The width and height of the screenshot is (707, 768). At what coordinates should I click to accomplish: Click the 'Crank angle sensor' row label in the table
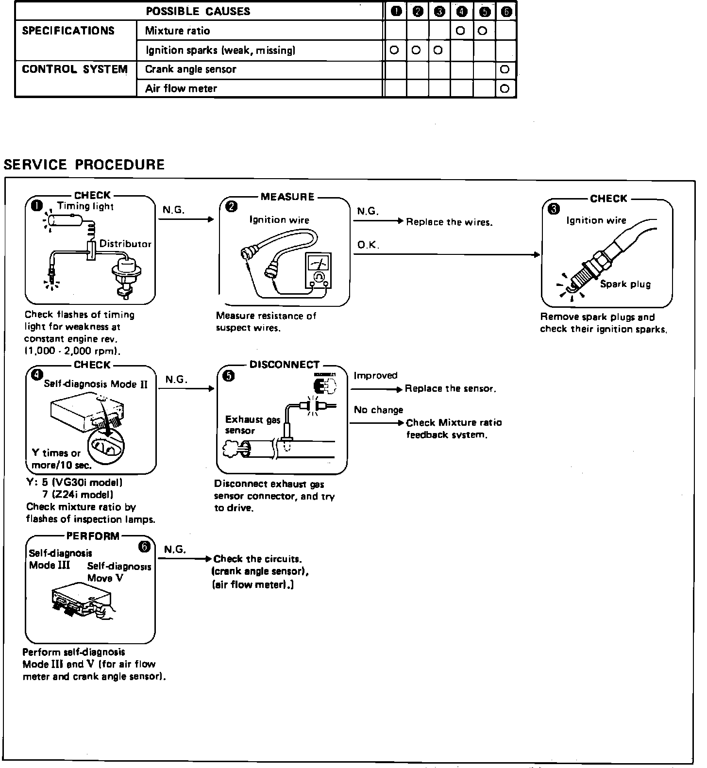(190, 69)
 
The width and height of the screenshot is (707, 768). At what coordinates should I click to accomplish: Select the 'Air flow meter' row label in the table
(181, 88)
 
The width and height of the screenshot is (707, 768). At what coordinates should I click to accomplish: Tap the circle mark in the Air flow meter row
(505, 88)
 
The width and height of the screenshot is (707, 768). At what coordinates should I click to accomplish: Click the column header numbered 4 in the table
(462, 12)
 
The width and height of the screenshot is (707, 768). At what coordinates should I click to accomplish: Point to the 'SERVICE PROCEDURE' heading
(84, 165)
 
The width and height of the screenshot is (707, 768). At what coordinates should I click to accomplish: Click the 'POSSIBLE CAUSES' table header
(198, 11)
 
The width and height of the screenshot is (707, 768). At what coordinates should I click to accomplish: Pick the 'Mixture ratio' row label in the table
(178, 31)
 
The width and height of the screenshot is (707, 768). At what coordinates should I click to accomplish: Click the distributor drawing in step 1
(121, 276)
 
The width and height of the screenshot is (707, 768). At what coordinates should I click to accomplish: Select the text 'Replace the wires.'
(449, 222)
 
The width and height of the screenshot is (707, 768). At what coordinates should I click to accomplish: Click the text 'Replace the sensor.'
(451, 389)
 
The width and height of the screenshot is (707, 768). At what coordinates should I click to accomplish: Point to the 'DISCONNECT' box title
(285, 365)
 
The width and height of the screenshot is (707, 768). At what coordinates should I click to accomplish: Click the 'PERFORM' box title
(93, 536)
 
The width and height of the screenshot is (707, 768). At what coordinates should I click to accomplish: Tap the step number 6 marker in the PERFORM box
(145, 547)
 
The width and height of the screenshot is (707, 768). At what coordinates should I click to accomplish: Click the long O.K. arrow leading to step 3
(447, 254)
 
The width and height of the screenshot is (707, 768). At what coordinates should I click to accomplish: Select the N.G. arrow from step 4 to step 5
(186, 388)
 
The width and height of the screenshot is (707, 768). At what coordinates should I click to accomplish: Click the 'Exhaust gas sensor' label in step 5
(252, 425)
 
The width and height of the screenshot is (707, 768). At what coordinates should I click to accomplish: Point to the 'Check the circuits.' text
(257, 559)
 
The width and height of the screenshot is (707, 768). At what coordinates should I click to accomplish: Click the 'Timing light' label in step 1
(85, 206)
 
